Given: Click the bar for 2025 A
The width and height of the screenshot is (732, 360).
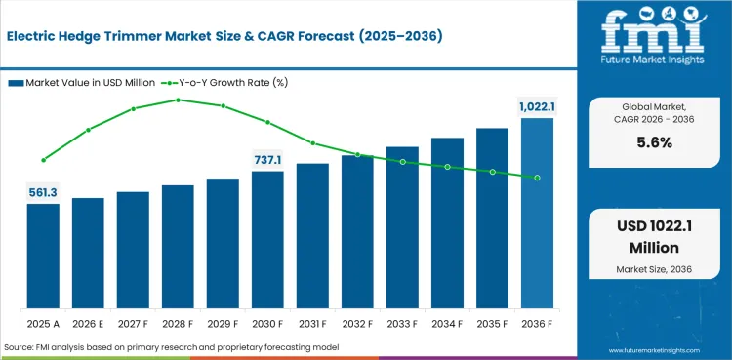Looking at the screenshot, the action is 43,256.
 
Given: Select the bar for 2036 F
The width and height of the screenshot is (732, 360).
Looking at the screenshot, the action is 537,213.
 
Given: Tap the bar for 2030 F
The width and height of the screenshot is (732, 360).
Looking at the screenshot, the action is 267,240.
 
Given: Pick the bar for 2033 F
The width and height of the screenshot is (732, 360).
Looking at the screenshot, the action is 402,227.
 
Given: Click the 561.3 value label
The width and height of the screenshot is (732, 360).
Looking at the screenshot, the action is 43,193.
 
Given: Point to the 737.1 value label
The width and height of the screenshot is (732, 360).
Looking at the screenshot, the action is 267,161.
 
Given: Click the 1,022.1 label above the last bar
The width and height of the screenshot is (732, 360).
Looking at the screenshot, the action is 537,107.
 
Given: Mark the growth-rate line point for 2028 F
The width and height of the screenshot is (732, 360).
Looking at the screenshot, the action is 178,100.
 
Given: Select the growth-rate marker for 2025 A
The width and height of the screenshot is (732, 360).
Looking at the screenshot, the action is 43,160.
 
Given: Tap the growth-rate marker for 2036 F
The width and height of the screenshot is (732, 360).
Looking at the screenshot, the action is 538,178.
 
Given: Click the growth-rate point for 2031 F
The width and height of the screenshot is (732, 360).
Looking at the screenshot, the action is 312,143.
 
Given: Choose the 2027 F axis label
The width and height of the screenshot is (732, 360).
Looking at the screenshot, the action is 133,324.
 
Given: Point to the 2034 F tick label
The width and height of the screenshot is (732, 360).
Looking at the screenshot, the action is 447,324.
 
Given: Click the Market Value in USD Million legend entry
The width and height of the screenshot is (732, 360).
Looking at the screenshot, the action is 82,83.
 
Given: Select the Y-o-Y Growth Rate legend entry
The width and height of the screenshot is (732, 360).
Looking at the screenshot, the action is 224,83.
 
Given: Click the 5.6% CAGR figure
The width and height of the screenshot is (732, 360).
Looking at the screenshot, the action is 655,143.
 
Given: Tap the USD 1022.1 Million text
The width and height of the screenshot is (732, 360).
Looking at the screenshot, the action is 654,237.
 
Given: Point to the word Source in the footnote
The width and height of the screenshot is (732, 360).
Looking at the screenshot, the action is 17,347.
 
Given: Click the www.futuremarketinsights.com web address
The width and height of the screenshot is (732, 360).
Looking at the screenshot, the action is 654,350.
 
